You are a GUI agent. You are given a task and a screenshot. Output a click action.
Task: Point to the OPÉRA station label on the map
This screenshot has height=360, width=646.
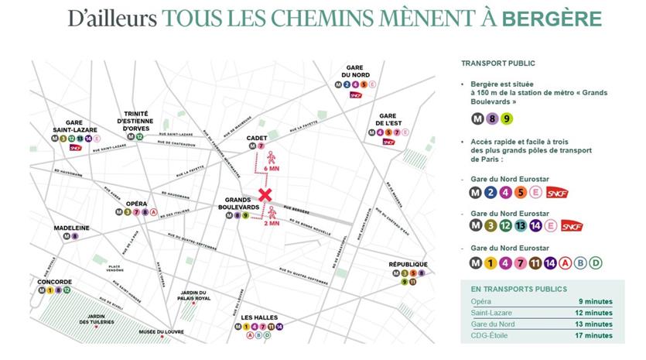136,203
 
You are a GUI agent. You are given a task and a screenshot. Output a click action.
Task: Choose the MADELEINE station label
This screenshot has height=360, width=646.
71,228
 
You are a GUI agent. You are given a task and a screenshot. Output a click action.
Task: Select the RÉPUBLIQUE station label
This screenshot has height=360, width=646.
409,264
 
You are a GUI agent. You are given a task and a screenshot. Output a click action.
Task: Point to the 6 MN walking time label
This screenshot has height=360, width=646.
272,169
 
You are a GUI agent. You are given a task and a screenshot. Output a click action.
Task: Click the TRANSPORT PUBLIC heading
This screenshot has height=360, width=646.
498,63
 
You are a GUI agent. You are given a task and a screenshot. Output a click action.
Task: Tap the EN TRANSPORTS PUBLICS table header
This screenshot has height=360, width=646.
513,289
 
